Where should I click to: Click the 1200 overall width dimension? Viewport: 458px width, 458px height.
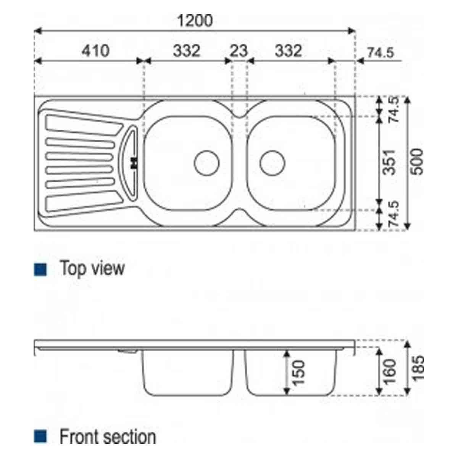coord(195,21)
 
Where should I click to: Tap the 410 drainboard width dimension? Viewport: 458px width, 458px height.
coord(95,51)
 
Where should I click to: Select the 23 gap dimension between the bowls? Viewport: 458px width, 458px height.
coord(239,51)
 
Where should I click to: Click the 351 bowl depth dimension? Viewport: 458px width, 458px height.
coord(390,162)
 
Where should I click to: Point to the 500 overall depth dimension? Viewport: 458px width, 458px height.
coord(418,162)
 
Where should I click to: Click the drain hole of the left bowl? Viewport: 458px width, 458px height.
coord(206,163)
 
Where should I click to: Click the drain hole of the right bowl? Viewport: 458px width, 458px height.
coord(273,163)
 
